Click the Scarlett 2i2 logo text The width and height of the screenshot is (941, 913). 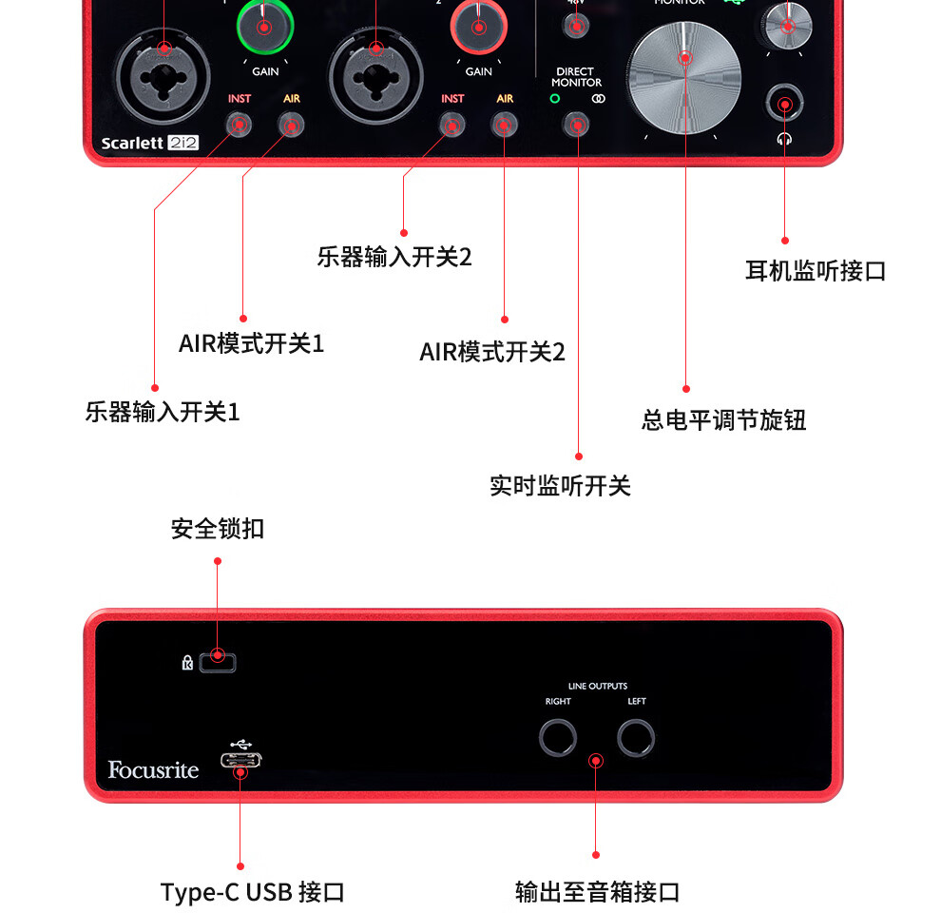pyautogui.click(x=149, y=144)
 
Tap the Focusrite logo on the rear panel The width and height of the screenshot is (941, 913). pyautogui.click(x=153, y=769)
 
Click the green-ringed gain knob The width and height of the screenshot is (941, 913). pyautogui.click(x=264, y=26)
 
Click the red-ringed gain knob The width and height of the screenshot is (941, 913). pyautogui.click(x=478, y=26)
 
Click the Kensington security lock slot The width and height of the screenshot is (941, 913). pyautogui.click(x=219, y=660)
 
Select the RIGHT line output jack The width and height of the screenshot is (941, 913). pyautogui.click(x=557, y=737)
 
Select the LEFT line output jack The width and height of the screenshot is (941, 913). pyautogui.click(x=636, y=737)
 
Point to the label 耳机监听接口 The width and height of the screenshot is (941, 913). pyautogui.click(x=815, y=271)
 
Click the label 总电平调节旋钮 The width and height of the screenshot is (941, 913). pyautogui.click(x=723, y=419)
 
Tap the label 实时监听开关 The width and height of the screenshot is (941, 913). pyautogui.click(x=560, y=486)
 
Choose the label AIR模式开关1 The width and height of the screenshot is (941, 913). pyautogui.click(x=251, y=343)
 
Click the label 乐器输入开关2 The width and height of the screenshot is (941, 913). pyautogui.click(x=394, y=257)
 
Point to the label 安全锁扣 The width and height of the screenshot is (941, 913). pyautogui.click(x=218, y=529)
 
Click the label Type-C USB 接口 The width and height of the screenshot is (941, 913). pyautogui.click(x=252, y=892)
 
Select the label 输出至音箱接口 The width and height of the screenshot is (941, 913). pyautogui.click(x=597, y=892)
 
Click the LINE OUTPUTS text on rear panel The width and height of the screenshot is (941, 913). pyautogui.click(x=597, y=686)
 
